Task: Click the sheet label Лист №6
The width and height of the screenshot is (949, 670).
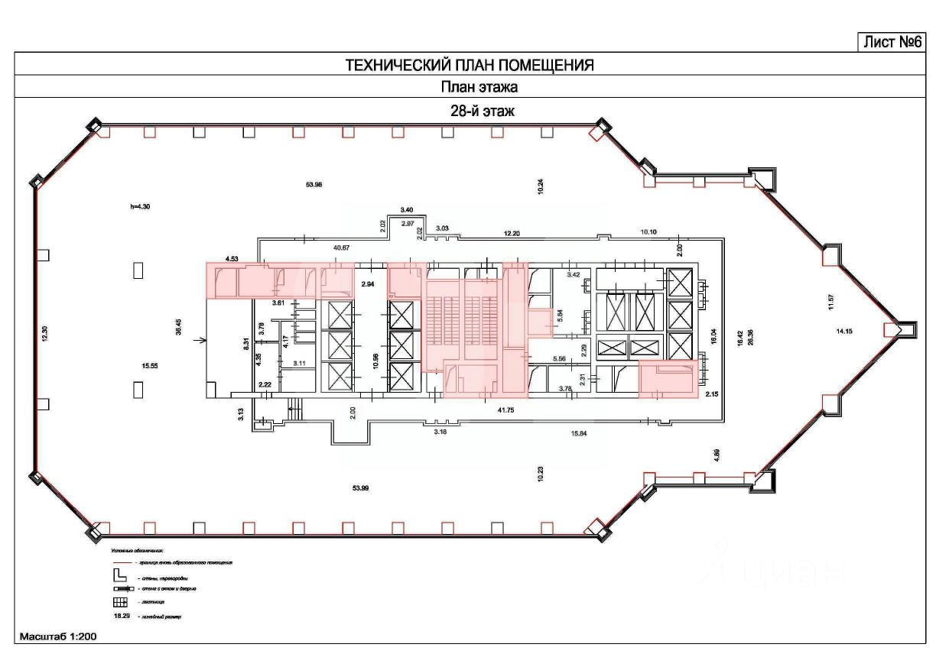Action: click(x=891, y=42)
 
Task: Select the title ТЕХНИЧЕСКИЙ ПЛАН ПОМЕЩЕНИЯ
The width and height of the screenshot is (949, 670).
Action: click(x=470, y=65)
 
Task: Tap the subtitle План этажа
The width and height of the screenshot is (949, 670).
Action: click(x=470, y=88)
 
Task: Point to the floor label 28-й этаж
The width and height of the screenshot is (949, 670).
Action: click(x=482, y=111)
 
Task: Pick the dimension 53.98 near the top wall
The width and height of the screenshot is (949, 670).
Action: click(x=314, y=184)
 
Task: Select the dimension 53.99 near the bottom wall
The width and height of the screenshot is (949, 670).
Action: click(x=360, y=488)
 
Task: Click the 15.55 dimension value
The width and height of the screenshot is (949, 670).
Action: click(x=149, y=366)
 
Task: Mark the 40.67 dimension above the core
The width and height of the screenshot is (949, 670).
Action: click(x=342, y=248)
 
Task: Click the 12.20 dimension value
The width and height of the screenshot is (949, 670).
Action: click(x=512, y=233)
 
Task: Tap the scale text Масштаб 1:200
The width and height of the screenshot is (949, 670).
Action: click(x=58, y=636)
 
